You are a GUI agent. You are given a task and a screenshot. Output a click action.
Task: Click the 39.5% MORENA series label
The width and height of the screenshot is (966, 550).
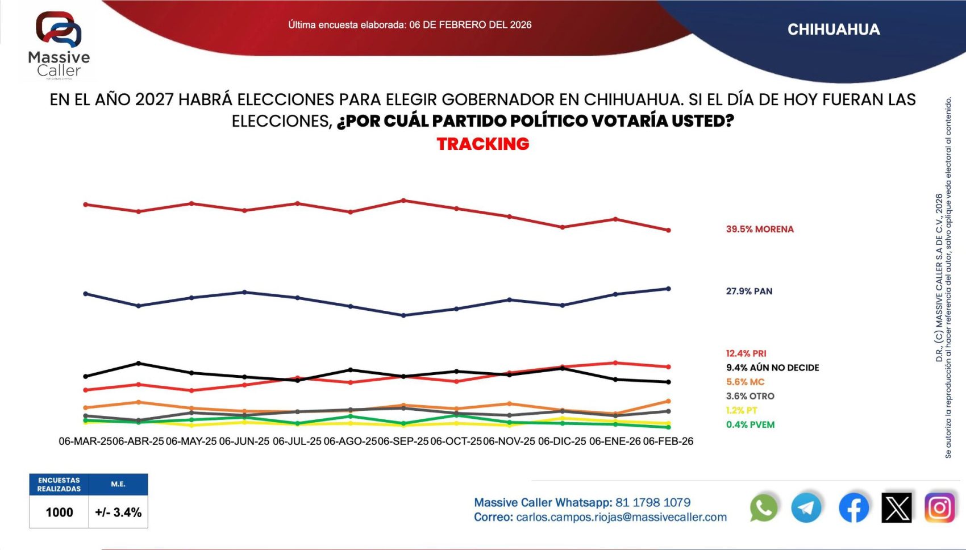point(759,229)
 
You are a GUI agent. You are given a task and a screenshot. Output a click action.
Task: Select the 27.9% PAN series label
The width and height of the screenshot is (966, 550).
point(749,291)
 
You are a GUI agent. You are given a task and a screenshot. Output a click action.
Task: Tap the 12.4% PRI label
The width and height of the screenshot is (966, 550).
point(746,353)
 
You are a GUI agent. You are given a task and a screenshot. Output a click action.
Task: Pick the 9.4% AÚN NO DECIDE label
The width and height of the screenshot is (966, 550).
point(772,368)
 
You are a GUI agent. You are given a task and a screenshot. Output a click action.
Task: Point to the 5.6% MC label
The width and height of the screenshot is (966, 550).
point(745,382)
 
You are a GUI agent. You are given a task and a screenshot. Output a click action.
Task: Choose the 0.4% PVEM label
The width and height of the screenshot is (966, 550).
point(750,424)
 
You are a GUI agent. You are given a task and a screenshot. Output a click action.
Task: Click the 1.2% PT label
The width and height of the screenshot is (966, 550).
point(742,410)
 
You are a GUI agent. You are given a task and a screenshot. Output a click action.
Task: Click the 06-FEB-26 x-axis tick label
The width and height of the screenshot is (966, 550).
point(668,441)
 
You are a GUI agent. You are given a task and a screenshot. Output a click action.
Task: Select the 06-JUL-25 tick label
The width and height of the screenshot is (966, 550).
point(297,441)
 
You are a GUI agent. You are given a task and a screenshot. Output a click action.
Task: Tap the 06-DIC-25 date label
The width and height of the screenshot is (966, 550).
point(562,441)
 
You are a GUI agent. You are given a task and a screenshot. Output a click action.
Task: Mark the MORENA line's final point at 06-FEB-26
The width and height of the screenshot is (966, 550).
point(668,230)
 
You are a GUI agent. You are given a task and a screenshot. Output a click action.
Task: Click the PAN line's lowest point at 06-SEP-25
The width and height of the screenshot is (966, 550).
point(403,315)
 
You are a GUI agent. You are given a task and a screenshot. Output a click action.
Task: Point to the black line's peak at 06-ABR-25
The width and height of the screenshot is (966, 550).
point(139,363)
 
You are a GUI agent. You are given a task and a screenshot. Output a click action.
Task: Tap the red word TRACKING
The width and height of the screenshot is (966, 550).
point(483,144)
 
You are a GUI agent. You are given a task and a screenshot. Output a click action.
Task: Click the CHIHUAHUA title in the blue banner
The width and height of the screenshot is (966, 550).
point(834,30)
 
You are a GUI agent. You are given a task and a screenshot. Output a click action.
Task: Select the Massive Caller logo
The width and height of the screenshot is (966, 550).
point(59,44)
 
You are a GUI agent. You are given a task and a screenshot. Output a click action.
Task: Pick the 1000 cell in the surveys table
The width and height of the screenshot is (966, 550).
point(59,512)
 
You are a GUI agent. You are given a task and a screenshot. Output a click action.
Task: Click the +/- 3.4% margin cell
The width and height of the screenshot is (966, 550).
point(118,512)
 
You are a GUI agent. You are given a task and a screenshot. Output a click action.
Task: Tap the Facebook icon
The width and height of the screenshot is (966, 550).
point(853,507)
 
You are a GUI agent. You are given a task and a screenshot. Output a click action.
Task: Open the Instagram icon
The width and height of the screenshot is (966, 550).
point(939,507)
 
